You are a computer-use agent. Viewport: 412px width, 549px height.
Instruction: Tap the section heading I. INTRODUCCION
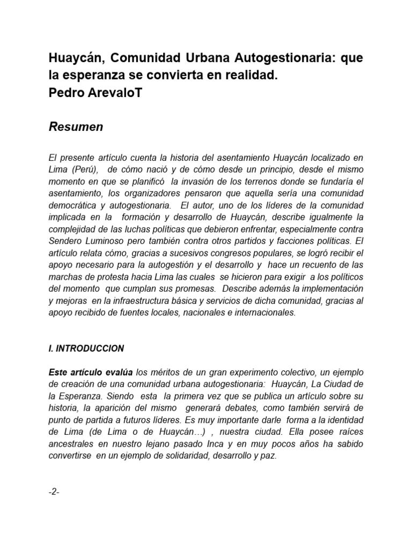86,348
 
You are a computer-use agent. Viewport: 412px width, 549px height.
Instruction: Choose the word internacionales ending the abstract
266,312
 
